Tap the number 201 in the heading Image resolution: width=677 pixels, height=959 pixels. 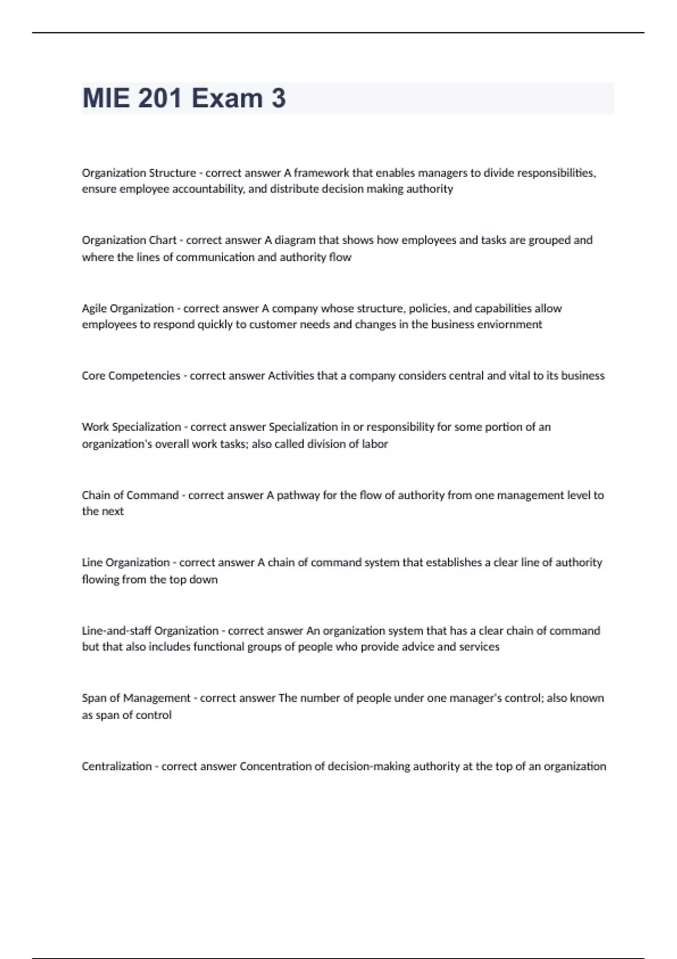(160, 98)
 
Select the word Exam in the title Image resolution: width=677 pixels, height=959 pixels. (227, 98)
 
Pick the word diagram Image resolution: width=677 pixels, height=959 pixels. (295, 240)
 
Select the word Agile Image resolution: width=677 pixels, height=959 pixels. (94, 309)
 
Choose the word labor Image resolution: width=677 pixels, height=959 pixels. (375, 444)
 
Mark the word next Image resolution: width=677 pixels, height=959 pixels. (113, 512)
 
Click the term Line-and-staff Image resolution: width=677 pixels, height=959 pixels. (116, 631)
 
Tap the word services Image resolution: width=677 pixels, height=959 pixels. (479, 647)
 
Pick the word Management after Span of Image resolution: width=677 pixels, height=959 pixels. (157, 698)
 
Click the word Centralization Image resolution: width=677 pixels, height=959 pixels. (117, 767)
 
